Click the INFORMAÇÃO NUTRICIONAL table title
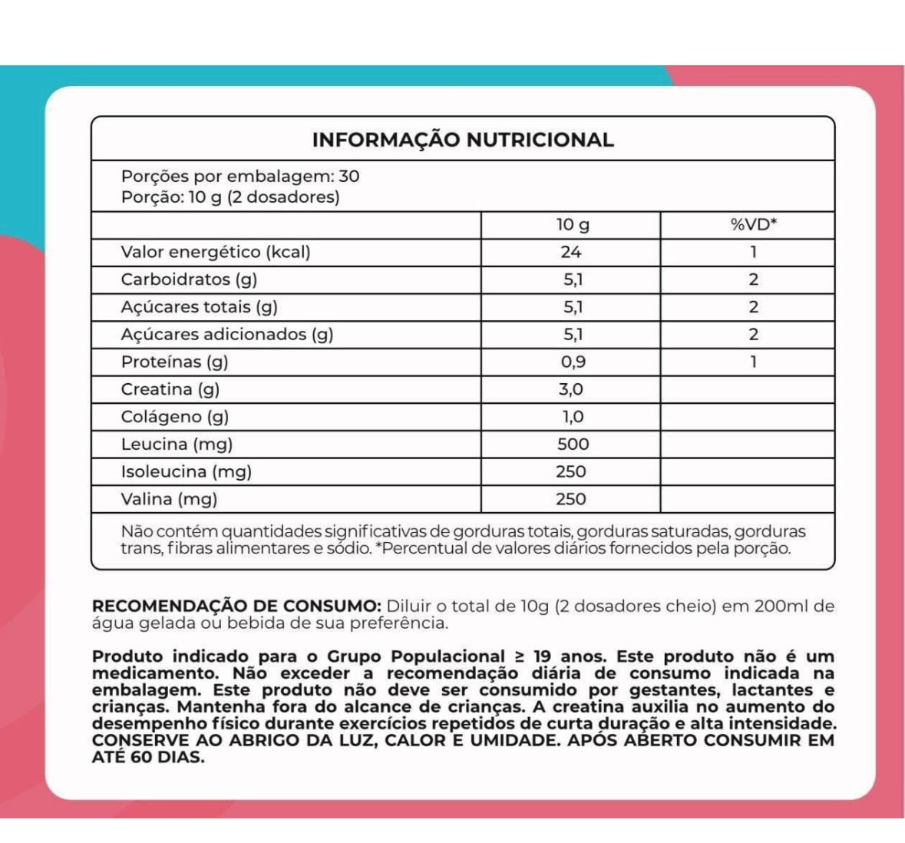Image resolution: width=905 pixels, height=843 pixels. [x=463, y=140]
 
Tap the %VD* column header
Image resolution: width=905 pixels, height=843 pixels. [x=753, y=225]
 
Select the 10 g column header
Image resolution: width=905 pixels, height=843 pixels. [x=573, y=225]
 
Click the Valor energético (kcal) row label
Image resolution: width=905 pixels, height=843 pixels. [x=216, y=252]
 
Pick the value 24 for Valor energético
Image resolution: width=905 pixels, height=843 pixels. [x=571, y=252]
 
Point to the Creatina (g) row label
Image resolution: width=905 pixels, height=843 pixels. [x=170, y=389]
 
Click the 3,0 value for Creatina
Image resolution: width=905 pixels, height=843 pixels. [x=571, y=389]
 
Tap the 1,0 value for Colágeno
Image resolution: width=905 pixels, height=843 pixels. [x=572, y=417]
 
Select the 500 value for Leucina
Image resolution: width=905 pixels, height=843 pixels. [x=573, y=444]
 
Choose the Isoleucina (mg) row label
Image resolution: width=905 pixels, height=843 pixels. [x=187, y=471]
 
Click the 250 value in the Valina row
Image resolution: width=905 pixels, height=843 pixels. [x=571, y=499]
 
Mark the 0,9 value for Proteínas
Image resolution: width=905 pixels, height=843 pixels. [x=573, y=362]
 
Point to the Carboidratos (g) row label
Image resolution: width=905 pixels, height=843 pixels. [x=189, y=279]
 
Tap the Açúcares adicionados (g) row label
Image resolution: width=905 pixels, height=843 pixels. [x=227, y=334]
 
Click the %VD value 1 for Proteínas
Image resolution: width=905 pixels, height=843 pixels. [x=753, y=362]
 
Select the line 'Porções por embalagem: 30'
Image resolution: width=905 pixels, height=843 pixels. [x=240, y=176]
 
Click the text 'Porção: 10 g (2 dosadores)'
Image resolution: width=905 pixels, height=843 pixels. [x=230, y=197]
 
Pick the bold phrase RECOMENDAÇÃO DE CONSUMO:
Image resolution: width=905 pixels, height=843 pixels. [x=236, y=606]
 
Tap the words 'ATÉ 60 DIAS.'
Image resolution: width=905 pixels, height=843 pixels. [x=148, y=757]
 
